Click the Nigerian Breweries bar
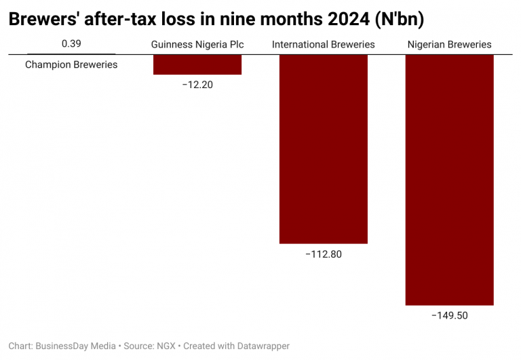(x=449, y=180)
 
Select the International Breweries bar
(x=324, y=148)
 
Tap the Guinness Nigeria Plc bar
(x=197, y=64)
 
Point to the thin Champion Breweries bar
(x=71, y=54)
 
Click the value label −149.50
(x=449, y=316)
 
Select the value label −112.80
(x=324, y=254)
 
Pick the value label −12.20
(x=197, y=85)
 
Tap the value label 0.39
(x=71, y=43)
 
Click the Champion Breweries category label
(x=71, y=65)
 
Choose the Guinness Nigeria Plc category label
(x=197, y=45)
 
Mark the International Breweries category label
(x=324, y=45)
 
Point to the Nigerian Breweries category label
(x=449, y=45)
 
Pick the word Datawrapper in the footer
(x=264, y=346)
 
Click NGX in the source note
(x=167, y=346)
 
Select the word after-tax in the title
(x=116, y=20)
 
